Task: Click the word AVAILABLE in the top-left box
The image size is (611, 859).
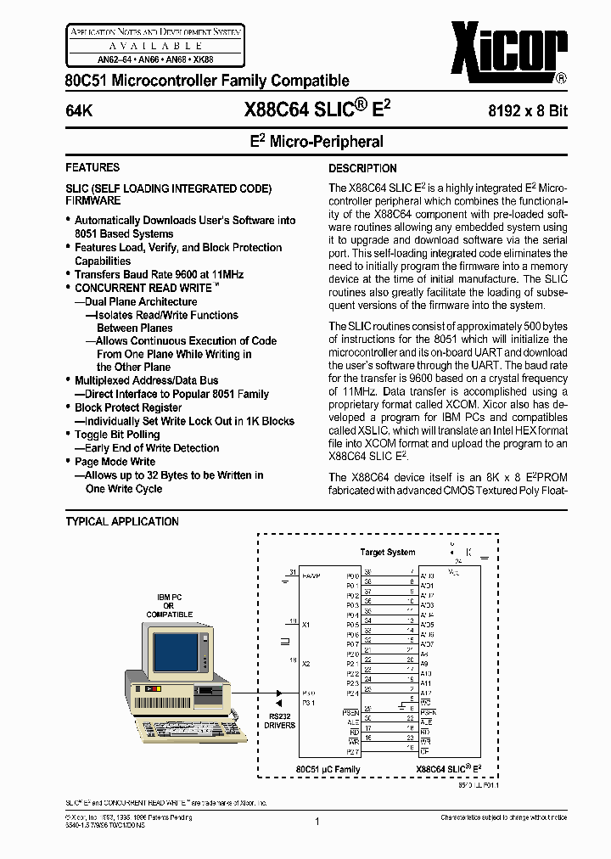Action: point(155,45)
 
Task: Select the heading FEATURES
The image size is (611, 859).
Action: point(92,167)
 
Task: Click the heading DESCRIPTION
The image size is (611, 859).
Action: point(362,168)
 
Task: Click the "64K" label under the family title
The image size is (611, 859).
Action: point(79,111)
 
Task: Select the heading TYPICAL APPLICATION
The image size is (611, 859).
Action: point(122,521)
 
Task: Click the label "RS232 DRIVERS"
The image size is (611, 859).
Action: point(279,720)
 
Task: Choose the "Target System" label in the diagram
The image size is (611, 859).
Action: point(388,552)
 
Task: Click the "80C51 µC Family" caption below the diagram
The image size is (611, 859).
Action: point(328,769)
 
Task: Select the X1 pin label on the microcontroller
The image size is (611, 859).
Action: point(306,624)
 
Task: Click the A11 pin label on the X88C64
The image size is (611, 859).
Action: point(426,682)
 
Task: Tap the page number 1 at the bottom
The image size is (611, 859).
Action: point(316,821)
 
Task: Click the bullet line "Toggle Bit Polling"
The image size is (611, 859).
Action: point(116,435)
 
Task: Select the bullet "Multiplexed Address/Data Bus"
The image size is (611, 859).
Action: point(146,380)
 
